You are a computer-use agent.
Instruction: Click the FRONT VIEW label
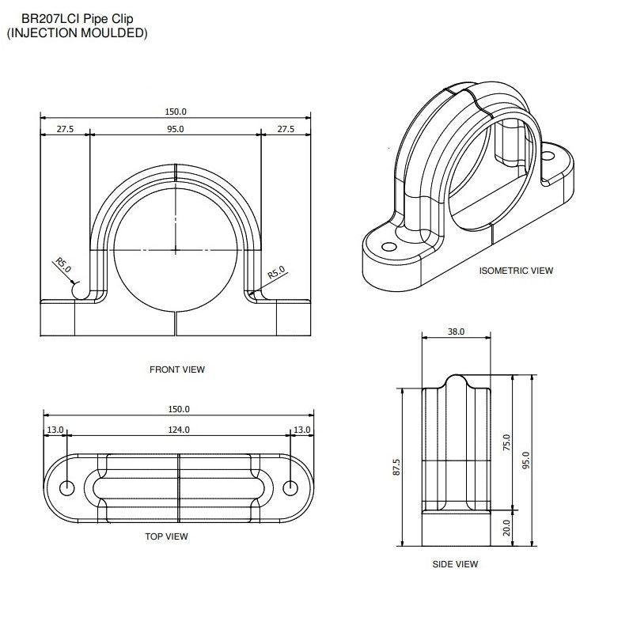point(177,369)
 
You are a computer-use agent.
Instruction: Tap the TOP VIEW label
point(166,536)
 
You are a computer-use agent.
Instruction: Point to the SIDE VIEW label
point(455,564)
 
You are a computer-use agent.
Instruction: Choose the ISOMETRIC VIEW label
point(516,271)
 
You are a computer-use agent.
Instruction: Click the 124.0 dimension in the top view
point(179,430)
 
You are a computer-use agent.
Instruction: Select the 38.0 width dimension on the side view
point(456,332)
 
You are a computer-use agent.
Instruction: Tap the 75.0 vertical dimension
point(507,443)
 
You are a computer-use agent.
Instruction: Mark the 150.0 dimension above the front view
point(175,112)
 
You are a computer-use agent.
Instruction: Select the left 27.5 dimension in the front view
point(65,129)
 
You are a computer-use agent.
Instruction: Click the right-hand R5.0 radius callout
point(275,273)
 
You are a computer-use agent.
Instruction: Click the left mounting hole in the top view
point(67,486)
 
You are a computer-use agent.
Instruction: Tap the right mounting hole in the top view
point(291,486)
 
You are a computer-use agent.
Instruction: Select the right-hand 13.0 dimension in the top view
point(302,430)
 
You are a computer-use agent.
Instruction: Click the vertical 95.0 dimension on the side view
point(525,460)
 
